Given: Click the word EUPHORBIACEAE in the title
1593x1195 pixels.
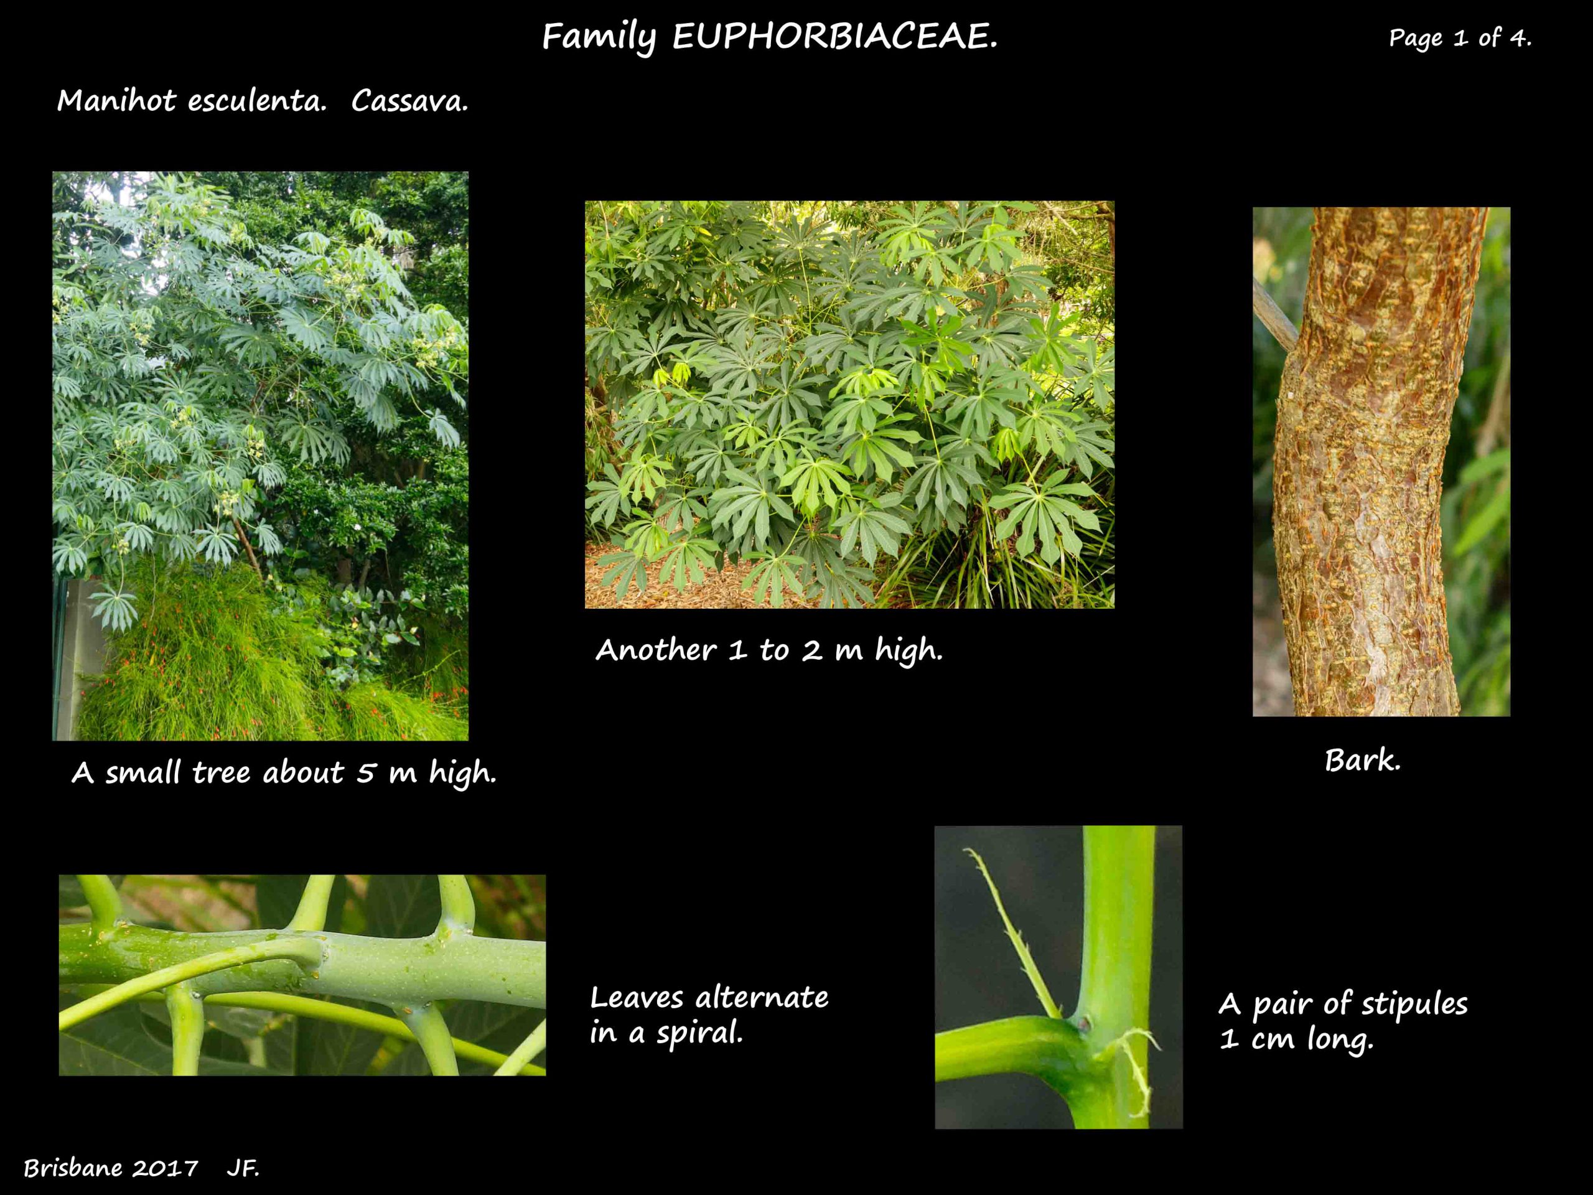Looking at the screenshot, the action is [x=835, y=37].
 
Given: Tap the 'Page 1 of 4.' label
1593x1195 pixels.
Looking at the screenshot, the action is [x=1460, y=37].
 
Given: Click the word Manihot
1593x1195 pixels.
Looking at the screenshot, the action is [x=116, y=100].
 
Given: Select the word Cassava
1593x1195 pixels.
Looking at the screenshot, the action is [x=410, y=101].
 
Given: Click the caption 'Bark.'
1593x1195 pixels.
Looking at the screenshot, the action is [x=1363, y=761].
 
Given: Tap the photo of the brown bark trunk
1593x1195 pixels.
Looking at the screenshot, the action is [x=1381, y=462].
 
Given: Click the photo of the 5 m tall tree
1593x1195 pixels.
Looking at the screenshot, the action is [x=260, y=456].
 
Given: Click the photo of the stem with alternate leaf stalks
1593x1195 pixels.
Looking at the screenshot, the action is [x=302, y=975].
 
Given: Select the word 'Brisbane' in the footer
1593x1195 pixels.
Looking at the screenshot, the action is [x=73, y=1168].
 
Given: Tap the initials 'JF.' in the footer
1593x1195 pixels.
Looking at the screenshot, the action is [x=243, y=1168].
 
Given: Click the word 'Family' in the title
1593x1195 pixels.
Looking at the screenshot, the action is [x=599, y=37].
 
